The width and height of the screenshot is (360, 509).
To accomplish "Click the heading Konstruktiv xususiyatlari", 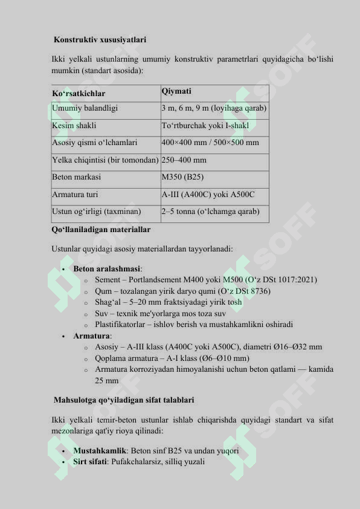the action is coord(100,40).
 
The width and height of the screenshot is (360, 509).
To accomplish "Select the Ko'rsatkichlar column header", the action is coord(79,94).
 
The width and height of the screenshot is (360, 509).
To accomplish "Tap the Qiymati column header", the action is coord(176,91).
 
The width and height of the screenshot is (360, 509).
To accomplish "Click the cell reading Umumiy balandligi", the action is coord(85,109).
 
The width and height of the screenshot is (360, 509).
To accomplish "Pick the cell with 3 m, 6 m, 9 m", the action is coord(214,109).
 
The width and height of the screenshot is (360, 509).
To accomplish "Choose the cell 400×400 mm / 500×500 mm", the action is coord(210,143).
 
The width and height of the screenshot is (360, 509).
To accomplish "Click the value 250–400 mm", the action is coord(184,160).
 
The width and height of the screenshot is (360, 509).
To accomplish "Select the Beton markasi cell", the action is coord(76,178).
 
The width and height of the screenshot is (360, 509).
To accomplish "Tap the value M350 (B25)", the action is coord(182,178).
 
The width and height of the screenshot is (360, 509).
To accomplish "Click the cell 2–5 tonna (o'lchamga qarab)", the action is coord(210,212).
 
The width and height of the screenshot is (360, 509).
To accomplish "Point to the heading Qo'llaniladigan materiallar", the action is coord(101,230).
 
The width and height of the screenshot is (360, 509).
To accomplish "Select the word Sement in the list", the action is coord(108,280).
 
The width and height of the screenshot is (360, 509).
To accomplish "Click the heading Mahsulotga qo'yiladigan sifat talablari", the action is coord(123,400).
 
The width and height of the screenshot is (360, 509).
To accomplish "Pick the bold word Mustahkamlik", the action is coord(100,451).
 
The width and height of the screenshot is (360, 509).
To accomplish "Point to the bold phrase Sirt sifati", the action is coord(91,462).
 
